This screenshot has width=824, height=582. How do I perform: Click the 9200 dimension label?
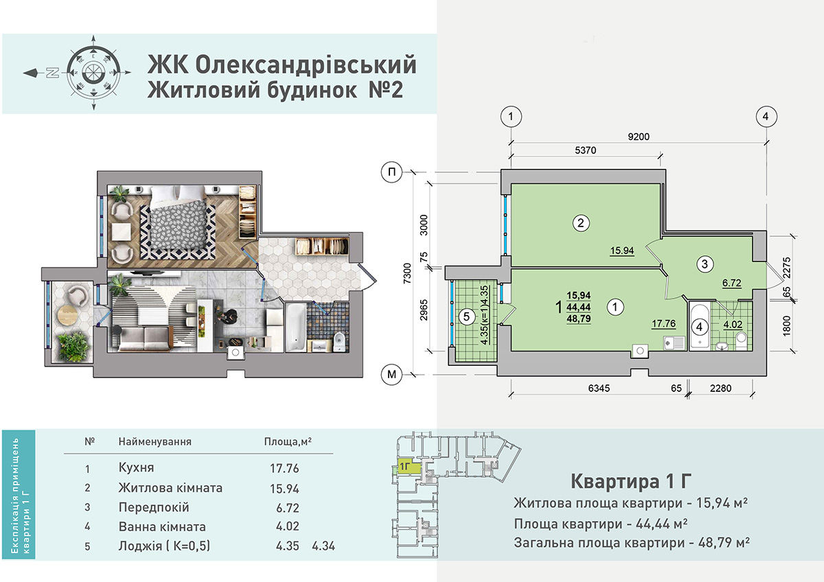pos(639,137)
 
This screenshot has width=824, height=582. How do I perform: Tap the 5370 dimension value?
pos(585,150)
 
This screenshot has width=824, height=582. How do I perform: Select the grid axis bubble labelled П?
pos(392,172)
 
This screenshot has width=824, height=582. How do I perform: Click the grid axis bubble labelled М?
pos(392,374)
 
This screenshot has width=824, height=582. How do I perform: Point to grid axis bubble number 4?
pos(766,117)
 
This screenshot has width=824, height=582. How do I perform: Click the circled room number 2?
pos(581,223)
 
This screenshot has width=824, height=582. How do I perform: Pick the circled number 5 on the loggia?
pos(466,316)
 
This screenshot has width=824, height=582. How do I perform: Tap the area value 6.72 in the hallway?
pos(732,283)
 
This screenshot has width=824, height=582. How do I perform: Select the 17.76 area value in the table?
pos(284,468)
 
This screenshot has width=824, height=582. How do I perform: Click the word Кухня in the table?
pos(136,467)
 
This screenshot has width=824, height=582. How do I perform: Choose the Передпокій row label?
pos(154,507)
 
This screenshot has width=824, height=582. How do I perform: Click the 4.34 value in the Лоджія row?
pos(323,546)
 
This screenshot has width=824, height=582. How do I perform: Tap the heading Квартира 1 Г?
pos(631,482)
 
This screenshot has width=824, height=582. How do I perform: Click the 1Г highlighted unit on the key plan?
pos(409,467)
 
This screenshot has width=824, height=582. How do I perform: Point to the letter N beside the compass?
pos(54,73)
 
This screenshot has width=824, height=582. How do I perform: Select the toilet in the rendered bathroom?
pos(339,342)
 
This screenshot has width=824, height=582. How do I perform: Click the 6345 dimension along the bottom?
pos(599,388)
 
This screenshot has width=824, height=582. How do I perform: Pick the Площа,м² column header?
pos(288,441)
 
